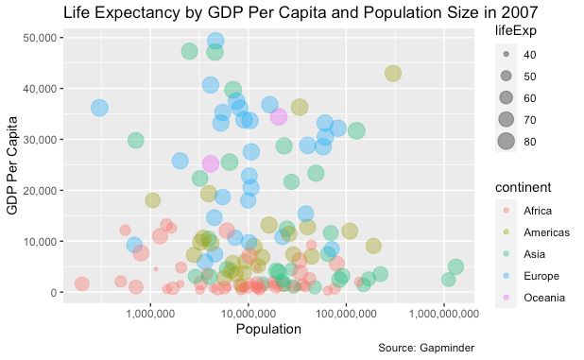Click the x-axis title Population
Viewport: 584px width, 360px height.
point(269,330)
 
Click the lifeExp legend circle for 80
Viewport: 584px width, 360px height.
point(507,142)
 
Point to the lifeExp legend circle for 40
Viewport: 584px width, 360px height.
point(507,55)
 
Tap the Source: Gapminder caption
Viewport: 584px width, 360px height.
point(425,348)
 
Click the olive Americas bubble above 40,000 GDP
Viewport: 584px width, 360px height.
point(393,74)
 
